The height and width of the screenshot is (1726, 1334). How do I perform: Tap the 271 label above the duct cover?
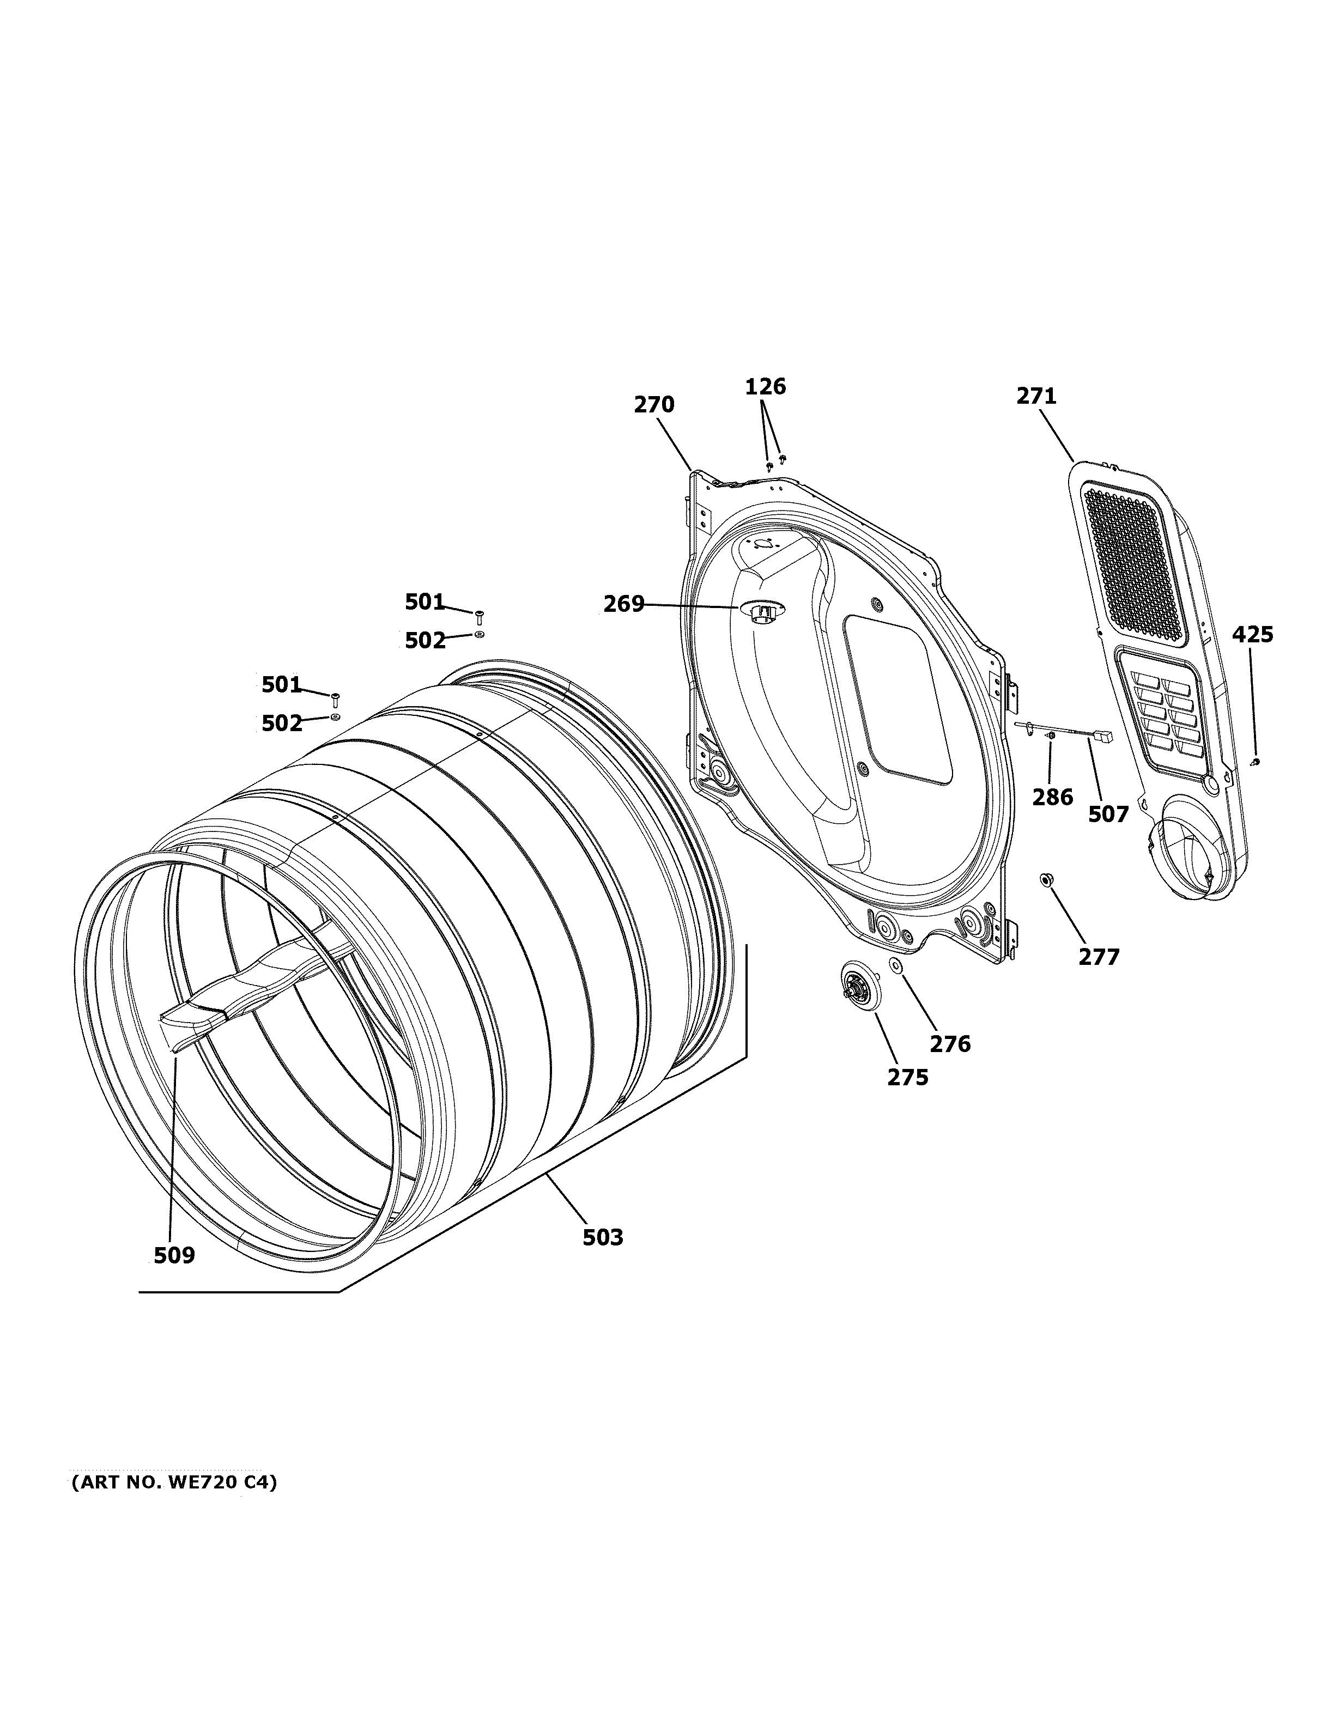tap(1036, 396)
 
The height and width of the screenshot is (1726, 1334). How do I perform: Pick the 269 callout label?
tap(623, 605)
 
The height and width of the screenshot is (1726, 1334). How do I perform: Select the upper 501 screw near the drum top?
tap(479, 617)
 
